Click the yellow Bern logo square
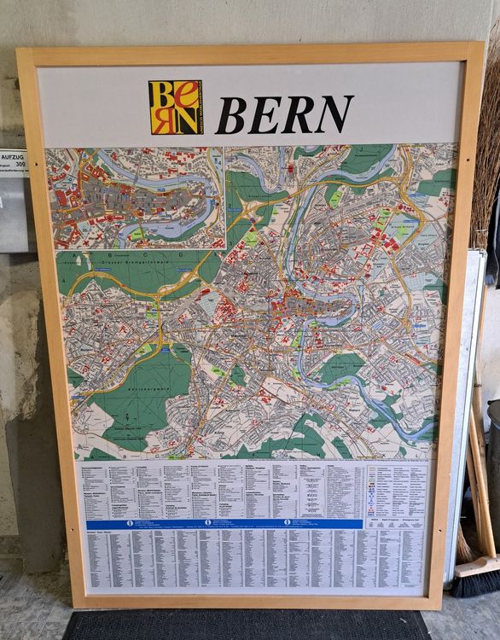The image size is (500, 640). [176, 108]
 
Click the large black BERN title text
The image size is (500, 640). [284, 114]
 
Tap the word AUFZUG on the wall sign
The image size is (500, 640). [14, 159]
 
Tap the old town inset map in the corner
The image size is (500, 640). [134, 197]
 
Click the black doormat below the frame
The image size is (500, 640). [247, 624]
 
